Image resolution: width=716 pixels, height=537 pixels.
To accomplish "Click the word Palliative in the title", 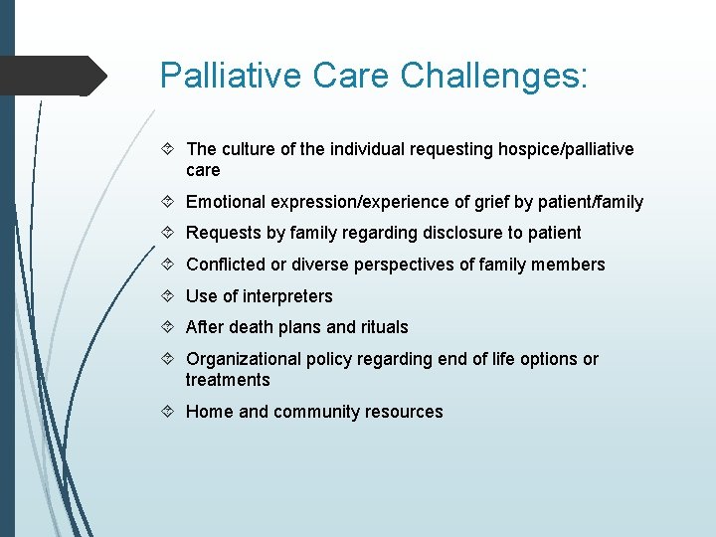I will [224, 76].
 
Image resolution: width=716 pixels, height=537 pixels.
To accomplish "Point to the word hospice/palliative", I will [559, 149].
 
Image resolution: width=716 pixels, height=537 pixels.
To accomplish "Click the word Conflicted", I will [225, 265].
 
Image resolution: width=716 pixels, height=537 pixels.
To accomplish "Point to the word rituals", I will [383, 327].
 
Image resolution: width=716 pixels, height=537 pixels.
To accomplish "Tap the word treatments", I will [228, 380].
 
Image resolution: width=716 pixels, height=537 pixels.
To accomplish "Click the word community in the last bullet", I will [318, 412].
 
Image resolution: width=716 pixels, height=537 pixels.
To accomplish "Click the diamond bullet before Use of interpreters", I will [168, 296].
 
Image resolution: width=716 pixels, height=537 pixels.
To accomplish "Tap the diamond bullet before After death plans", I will [168, 327].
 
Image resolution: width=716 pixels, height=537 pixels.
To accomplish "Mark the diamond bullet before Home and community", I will [168, 412].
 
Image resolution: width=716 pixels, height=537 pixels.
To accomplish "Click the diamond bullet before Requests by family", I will [168, 233].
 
